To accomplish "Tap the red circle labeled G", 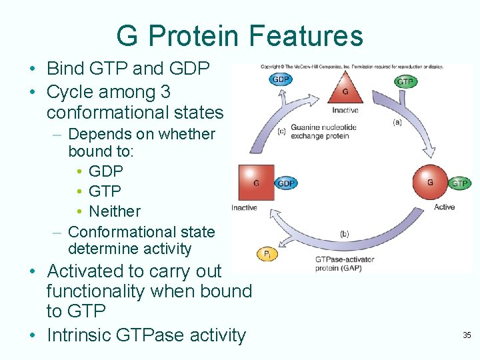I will click(x=430, y=182).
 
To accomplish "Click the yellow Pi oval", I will click(x=267, y=254).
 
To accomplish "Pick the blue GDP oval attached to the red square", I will click(x=286, y=183).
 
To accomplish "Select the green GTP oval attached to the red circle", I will click(x=459, y=183).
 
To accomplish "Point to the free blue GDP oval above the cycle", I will click(x=281, y=79).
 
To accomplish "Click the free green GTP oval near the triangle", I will click(x=405, y=81).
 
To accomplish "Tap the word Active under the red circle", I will click(x=444, y=207).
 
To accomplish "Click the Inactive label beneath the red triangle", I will click(x=345, y=111).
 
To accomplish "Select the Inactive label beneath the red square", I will click(x=244, y=208).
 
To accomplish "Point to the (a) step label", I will click(x=397, y=122).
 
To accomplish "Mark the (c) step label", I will click(x=281, y=131).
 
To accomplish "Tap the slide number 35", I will click(x=467, y=335).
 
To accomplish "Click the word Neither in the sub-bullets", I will click(x=115, y=211).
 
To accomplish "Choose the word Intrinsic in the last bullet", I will click(x=79, y=335).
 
